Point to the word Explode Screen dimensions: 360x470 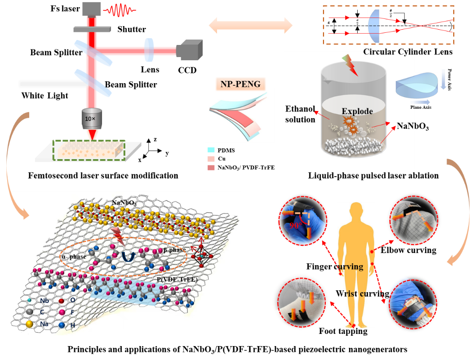[357, 111]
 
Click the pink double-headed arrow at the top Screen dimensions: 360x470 [251, 24]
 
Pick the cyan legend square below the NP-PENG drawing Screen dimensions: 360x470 [211, 150]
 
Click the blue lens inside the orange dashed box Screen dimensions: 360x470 [374, 26]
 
